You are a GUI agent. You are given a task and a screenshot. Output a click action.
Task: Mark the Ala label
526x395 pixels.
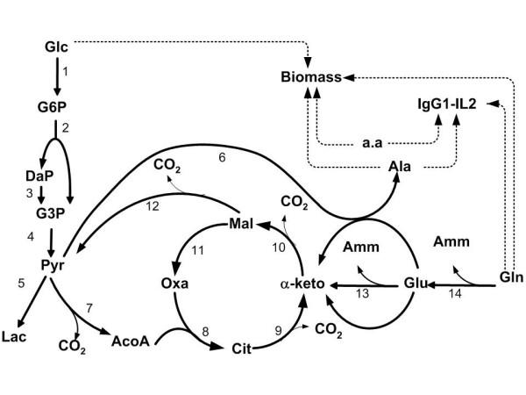(399, 163)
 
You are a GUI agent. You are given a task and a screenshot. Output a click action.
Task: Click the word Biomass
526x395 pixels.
(311, 77)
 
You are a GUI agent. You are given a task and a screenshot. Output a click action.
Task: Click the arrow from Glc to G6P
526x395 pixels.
(56, 76)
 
